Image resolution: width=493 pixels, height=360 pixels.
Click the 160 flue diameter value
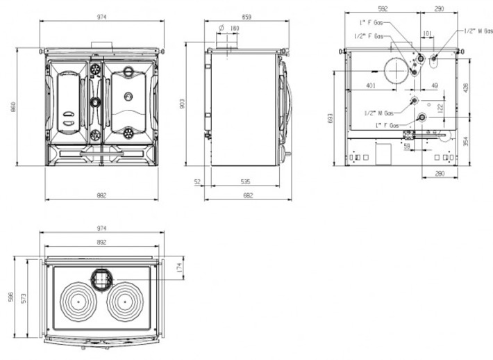point(235,28)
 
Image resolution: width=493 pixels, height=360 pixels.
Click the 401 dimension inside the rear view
point(369,85)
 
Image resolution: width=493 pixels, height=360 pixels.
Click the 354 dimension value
point(466,141)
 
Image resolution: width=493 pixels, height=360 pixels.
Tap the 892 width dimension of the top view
point(101,243)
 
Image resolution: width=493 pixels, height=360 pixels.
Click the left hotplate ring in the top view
point(78,303)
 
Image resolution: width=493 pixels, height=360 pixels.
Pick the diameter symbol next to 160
point(220,28)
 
